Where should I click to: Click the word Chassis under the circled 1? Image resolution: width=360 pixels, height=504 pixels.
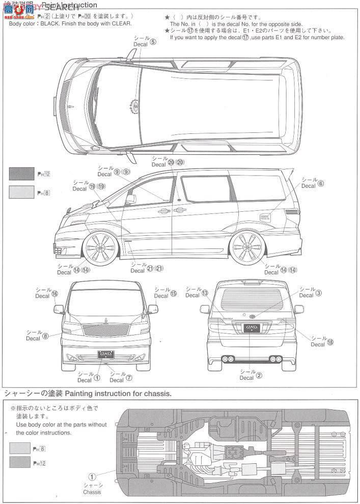coord(92,492)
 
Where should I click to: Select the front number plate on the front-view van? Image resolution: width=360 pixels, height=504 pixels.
coord(105,353)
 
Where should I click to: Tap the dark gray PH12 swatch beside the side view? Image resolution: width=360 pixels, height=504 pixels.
coord(22,174)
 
